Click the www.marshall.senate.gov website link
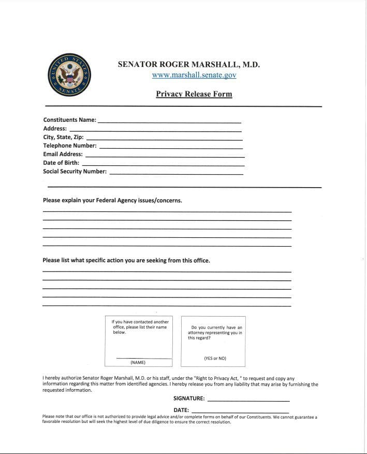coord(194,75)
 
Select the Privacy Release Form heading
coord(194,94)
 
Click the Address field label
coord(55,129)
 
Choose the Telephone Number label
coord(70,146)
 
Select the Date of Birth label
coord(61,163)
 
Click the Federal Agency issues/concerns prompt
coord(112,200)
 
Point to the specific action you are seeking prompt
coord(126,260)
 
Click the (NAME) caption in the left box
coord(138,362)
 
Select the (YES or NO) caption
coord(215,358)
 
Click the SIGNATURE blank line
coord(248,401)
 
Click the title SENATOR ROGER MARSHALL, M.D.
coord(189,65)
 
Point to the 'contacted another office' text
coord(140,327)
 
